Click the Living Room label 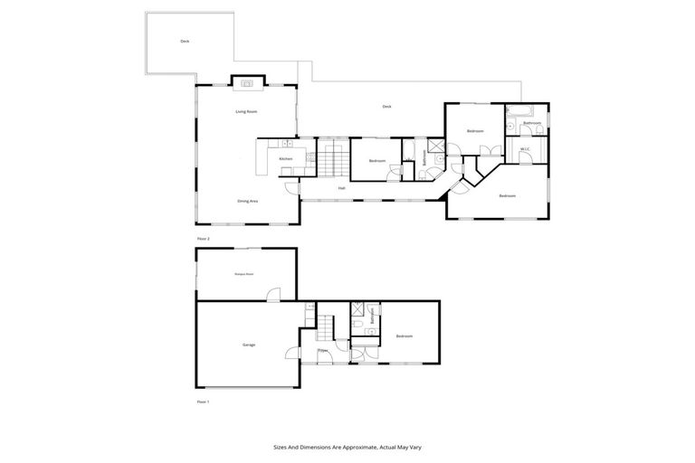pos(246,112)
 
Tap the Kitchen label pos(285,159)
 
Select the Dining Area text pos(248,201)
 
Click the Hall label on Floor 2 pos(341,188)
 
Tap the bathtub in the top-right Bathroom pos(519,112)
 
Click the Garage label pos(248,345)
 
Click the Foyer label pos(322,350)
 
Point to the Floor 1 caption pos(203,401)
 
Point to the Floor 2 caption pos(203,239)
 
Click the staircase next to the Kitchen pos(330,159)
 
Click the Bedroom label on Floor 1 pos(404,336)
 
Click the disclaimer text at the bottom pos(347,447)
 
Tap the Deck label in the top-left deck pos(185,41)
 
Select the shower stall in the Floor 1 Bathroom pos(357,308)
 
